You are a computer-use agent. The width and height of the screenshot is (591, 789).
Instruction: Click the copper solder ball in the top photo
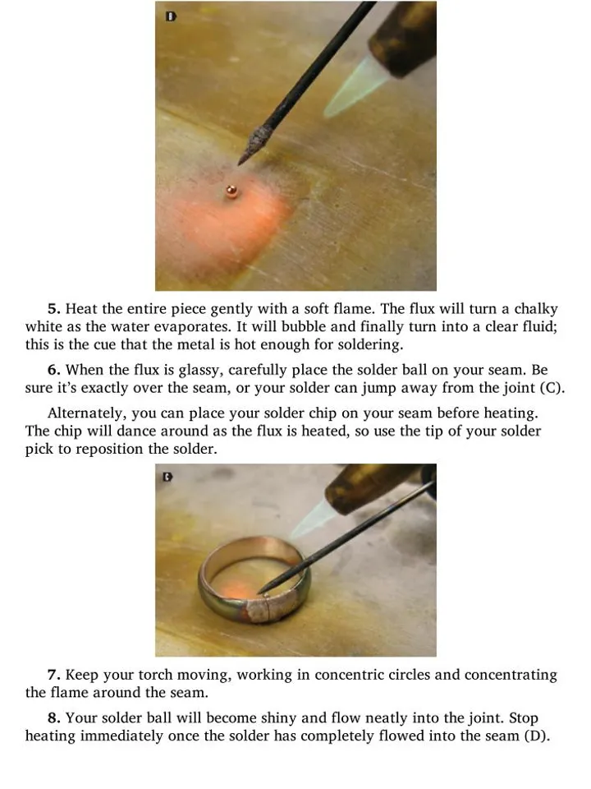click(x=231, y=191)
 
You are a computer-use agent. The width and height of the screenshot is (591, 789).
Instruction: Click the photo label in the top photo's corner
click(x=172, y=16)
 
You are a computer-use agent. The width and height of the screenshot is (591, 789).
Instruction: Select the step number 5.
click(x=54, y=308)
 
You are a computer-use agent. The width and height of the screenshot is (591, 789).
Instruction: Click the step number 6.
click(x=54, y=370)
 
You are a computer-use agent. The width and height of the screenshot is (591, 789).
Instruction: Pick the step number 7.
click(x=54, y=674)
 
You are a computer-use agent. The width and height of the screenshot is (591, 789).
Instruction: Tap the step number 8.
click(x=54, y=717)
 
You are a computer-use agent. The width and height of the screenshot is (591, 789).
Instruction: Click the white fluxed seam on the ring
click(x=266, y=607)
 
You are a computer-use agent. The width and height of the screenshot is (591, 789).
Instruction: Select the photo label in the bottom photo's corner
click(x=167, y=477)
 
